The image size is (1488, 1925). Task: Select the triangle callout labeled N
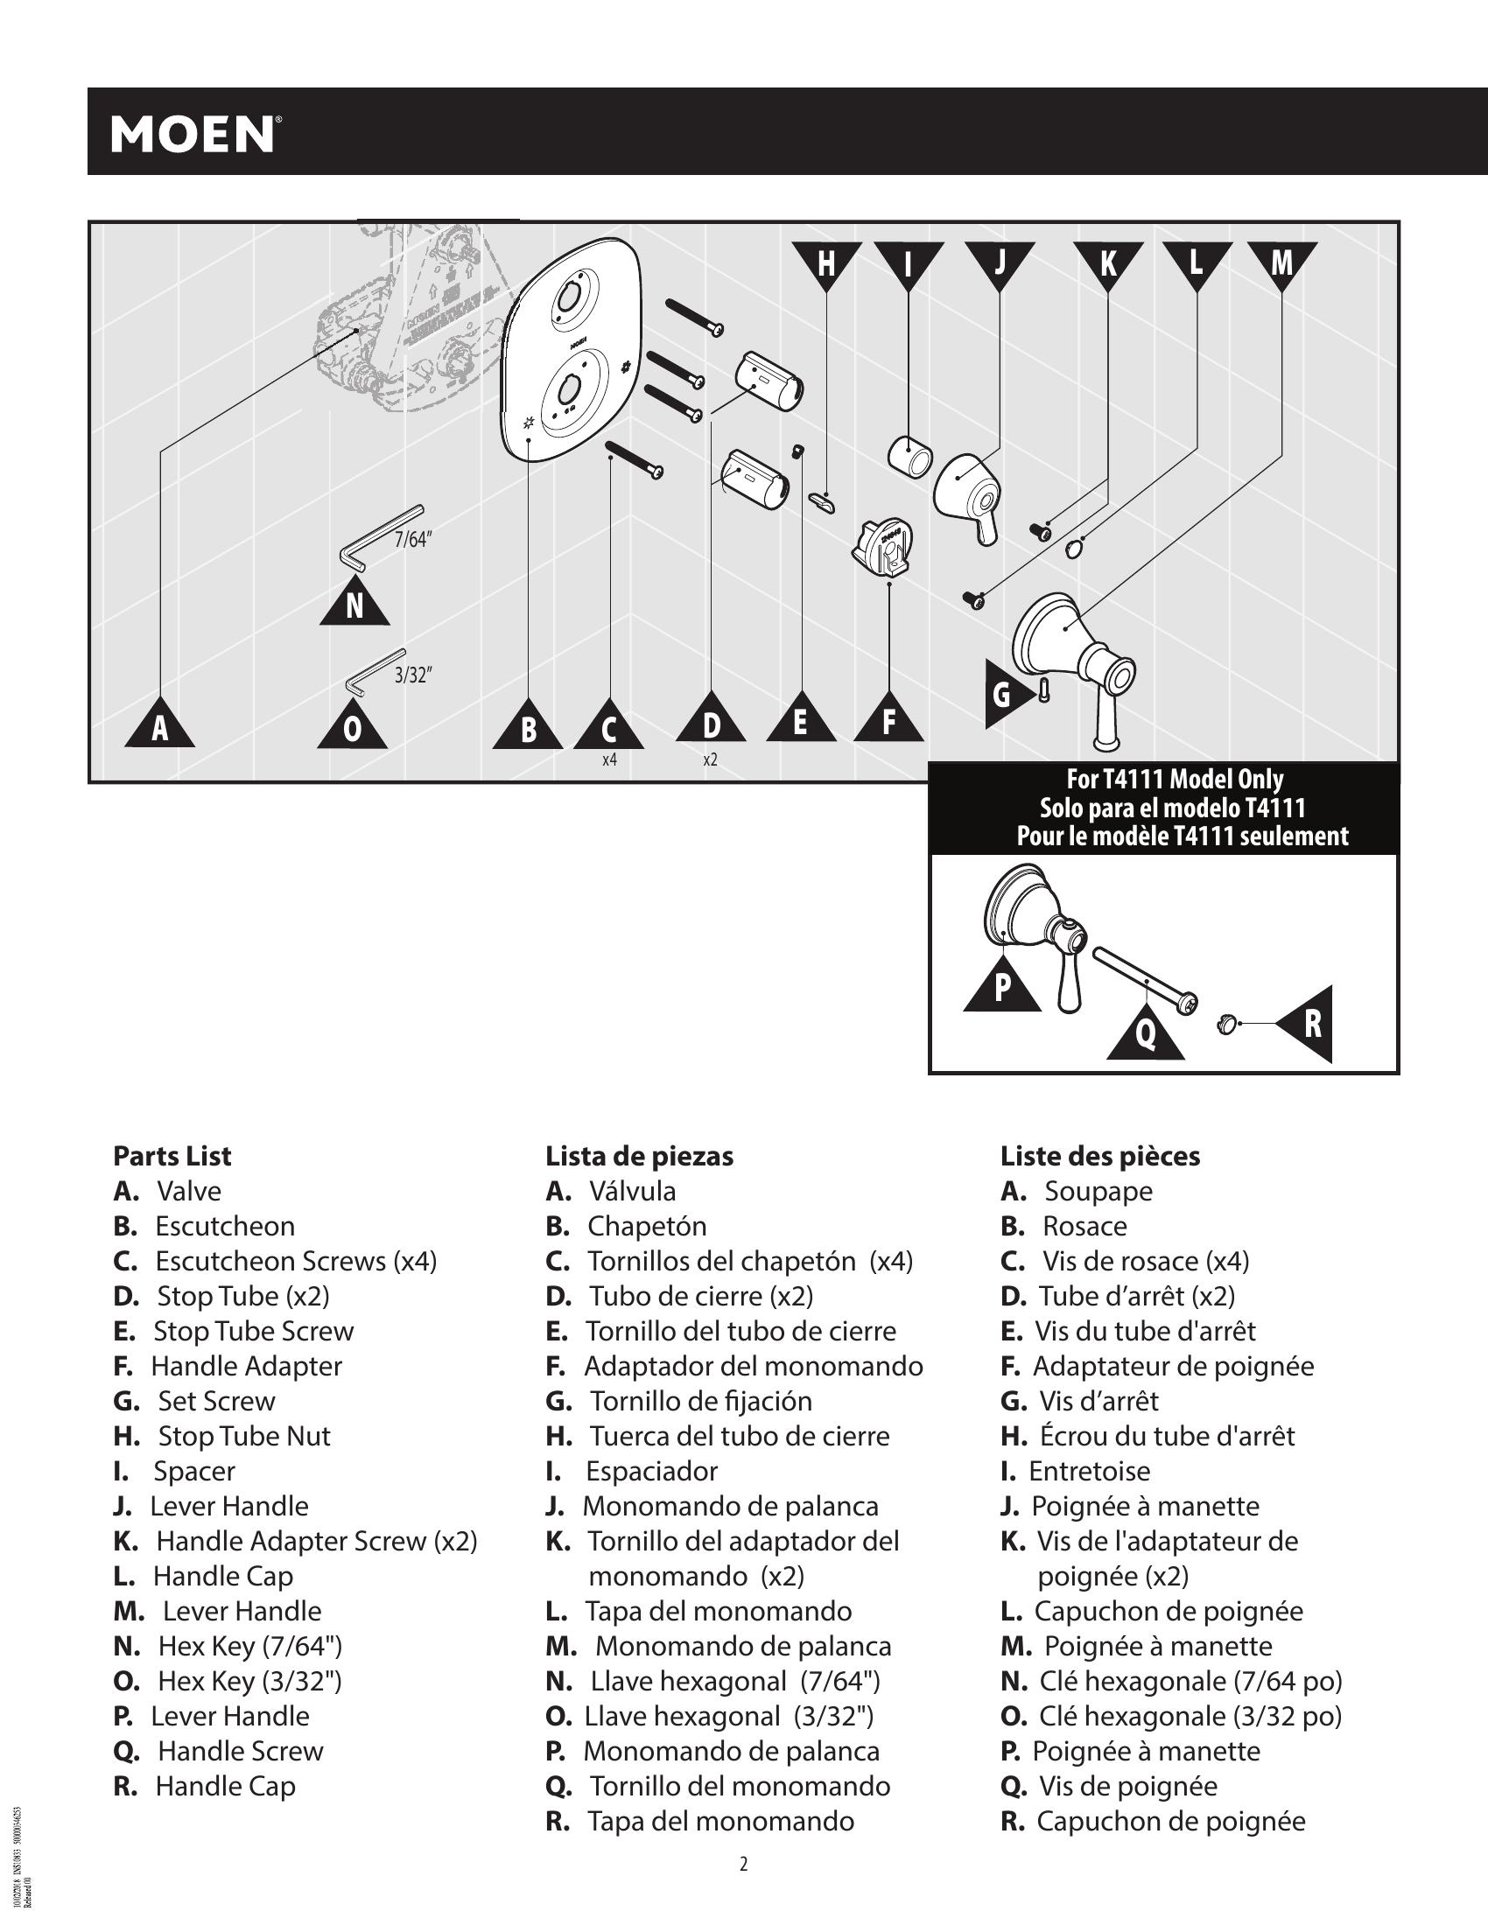click(354, 605)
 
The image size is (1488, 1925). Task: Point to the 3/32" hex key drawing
click(374, 672)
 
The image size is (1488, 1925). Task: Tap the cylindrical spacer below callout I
click(909, 456)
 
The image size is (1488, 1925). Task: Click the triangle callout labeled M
click(1281, 262)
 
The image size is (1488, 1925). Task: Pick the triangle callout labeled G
click(1005, 695)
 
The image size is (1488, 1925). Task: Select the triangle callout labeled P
click(1002, 986)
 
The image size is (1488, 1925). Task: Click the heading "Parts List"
click(172, 1156)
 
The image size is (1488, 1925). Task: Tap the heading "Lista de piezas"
click(639, 1156)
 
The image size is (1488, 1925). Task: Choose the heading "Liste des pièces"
click(1099, 1156)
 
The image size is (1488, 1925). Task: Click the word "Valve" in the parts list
click(189, 1191)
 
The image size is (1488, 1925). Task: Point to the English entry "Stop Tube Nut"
click(244, 1436)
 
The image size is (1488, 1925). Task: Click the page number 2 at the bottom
click(743, 1863)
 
